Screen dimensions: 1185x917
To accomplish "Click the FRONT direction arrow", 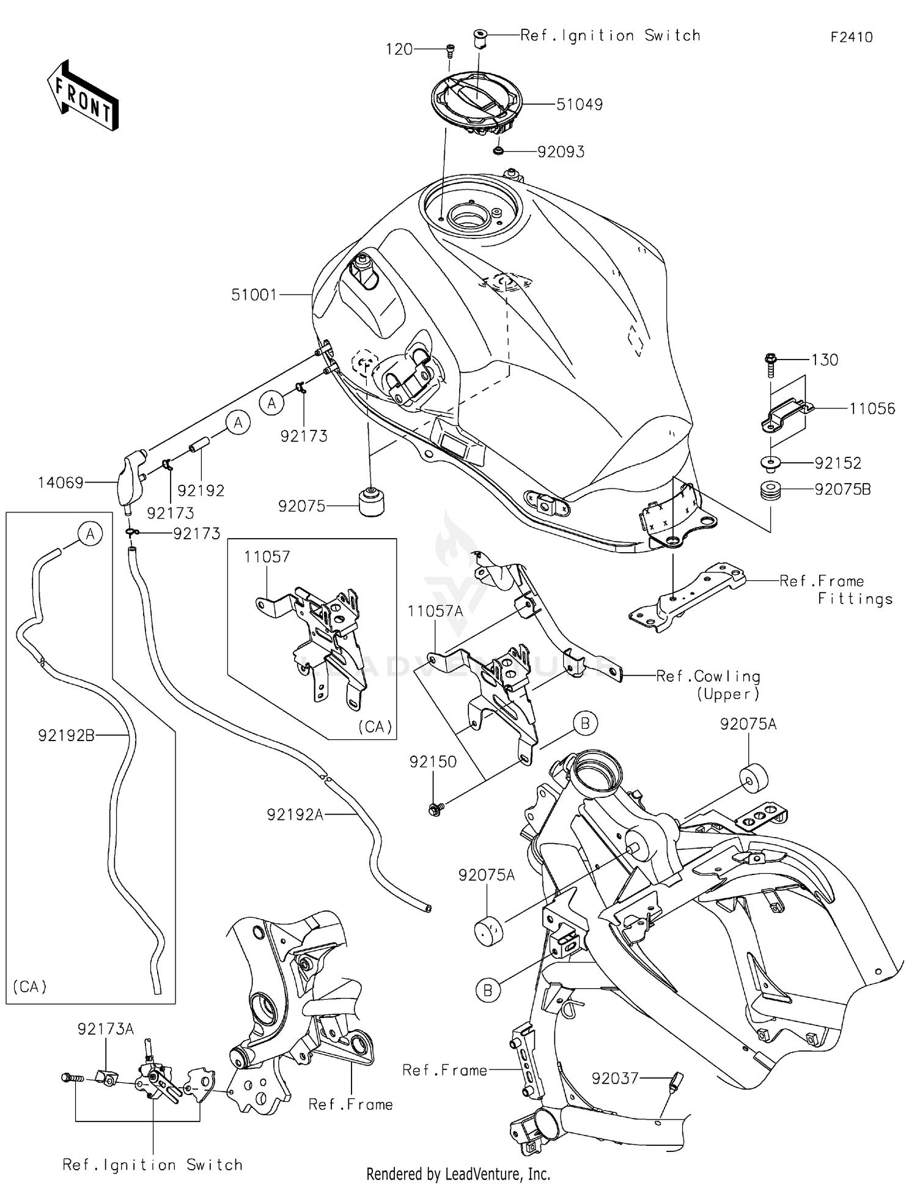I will [x=83, y=96].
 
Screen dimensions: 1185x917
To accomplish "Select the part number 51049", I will [x=579, y=105].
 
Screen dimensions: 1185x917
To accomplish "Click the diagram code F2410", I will [x=851, y=37].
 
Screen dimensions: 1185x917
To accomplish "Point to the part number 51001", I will [x=254, y=295].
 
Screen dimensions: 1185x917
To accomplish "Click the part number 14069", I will [x=61, y=483].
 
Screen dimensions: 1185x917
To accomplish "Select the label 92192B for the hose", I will [x=66, y=736].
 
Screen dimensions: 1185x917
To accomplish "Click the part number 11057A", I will [x=435, y=611].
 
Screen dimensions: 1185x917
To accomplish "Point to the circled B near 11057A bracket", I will [x=584, y=723].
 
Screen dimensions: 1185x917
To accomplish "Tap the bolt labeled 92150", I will [x=435, y=810].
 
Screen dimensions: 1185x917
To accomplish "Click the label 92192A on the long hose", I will [x=295, y=814].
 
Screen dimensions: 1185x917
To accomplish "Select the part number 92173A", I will [x=105, y=1029].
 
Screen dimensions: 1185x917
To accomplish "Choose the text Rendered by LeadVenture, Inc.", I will [x=458, y=1173].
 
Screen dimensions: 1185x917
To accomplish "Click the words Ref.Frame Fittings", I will [x=836, y=589].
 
